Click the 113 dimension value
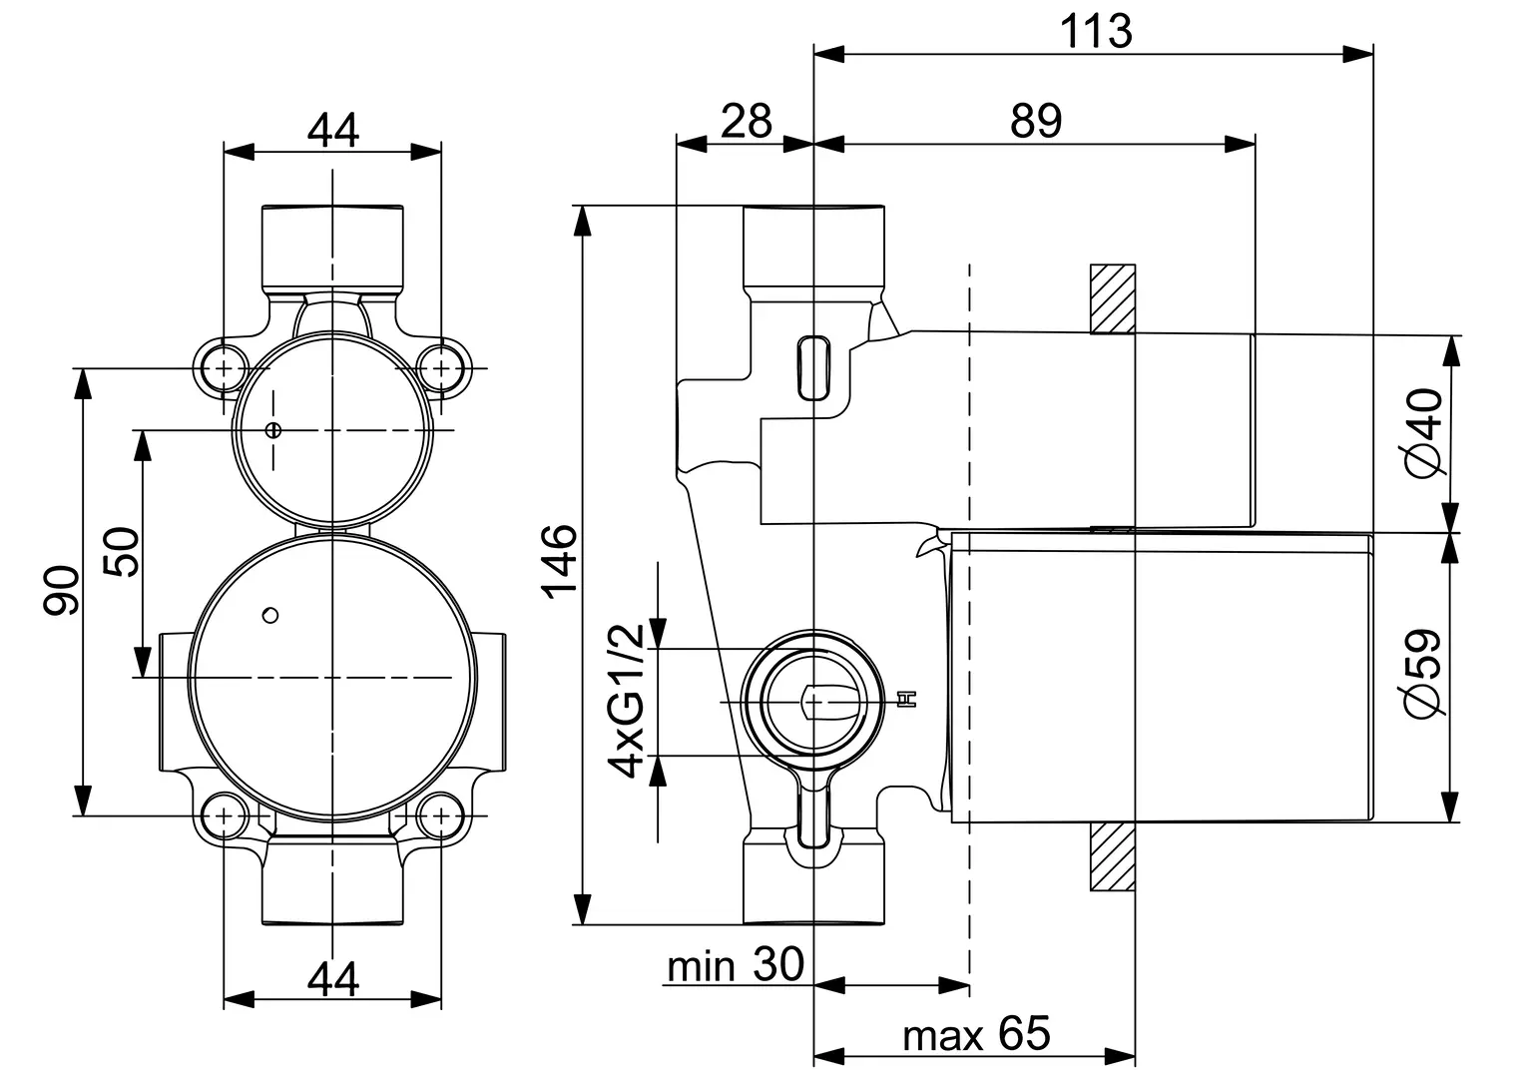pos(1096,31)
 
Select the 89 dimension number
pos(1036,121)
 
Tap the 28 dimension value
pos(747,121)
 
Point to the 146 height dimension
pos(560,562)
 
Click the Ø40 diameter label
pos(1424,433)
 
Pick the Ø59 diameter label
pos(1423,673)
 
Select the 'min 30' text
pos(736,965)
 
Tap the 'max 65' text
pos(976,1034)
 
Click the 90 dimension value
pos(61,591)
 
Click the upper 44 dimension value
pos(333,130)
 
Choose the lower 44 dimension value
pos(333,980)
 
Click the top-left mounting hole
pos(224,368)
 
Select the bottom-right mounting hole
pos(441,815)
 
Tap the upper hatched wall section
pos(1113,299)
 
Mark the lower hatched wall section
pos(1113,856)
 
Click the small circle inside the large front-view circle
pos(270,616)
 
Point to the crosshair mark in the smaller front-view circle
pos(273,430)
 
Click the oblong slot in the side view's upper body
pos(813,368)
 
